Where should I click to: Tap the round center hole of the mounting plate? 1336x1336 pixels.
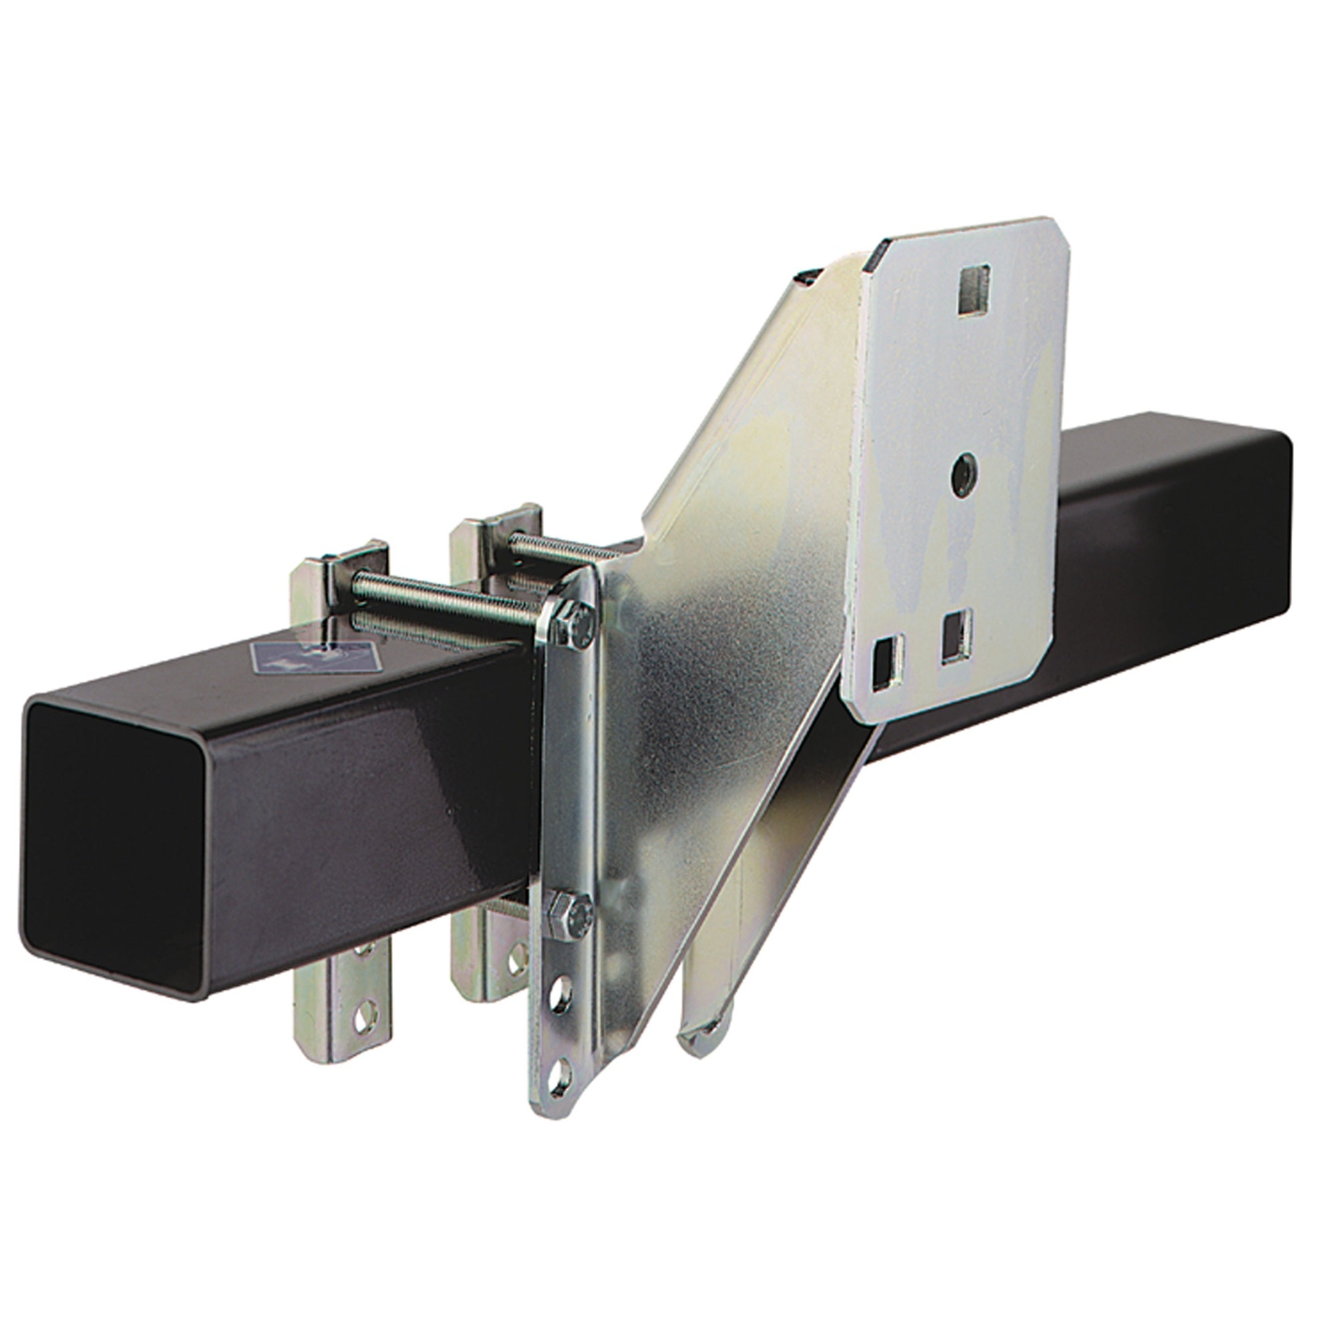coord(962,472)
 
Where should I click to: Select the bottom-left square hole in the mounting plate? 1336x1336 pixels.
coord(886,655)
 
